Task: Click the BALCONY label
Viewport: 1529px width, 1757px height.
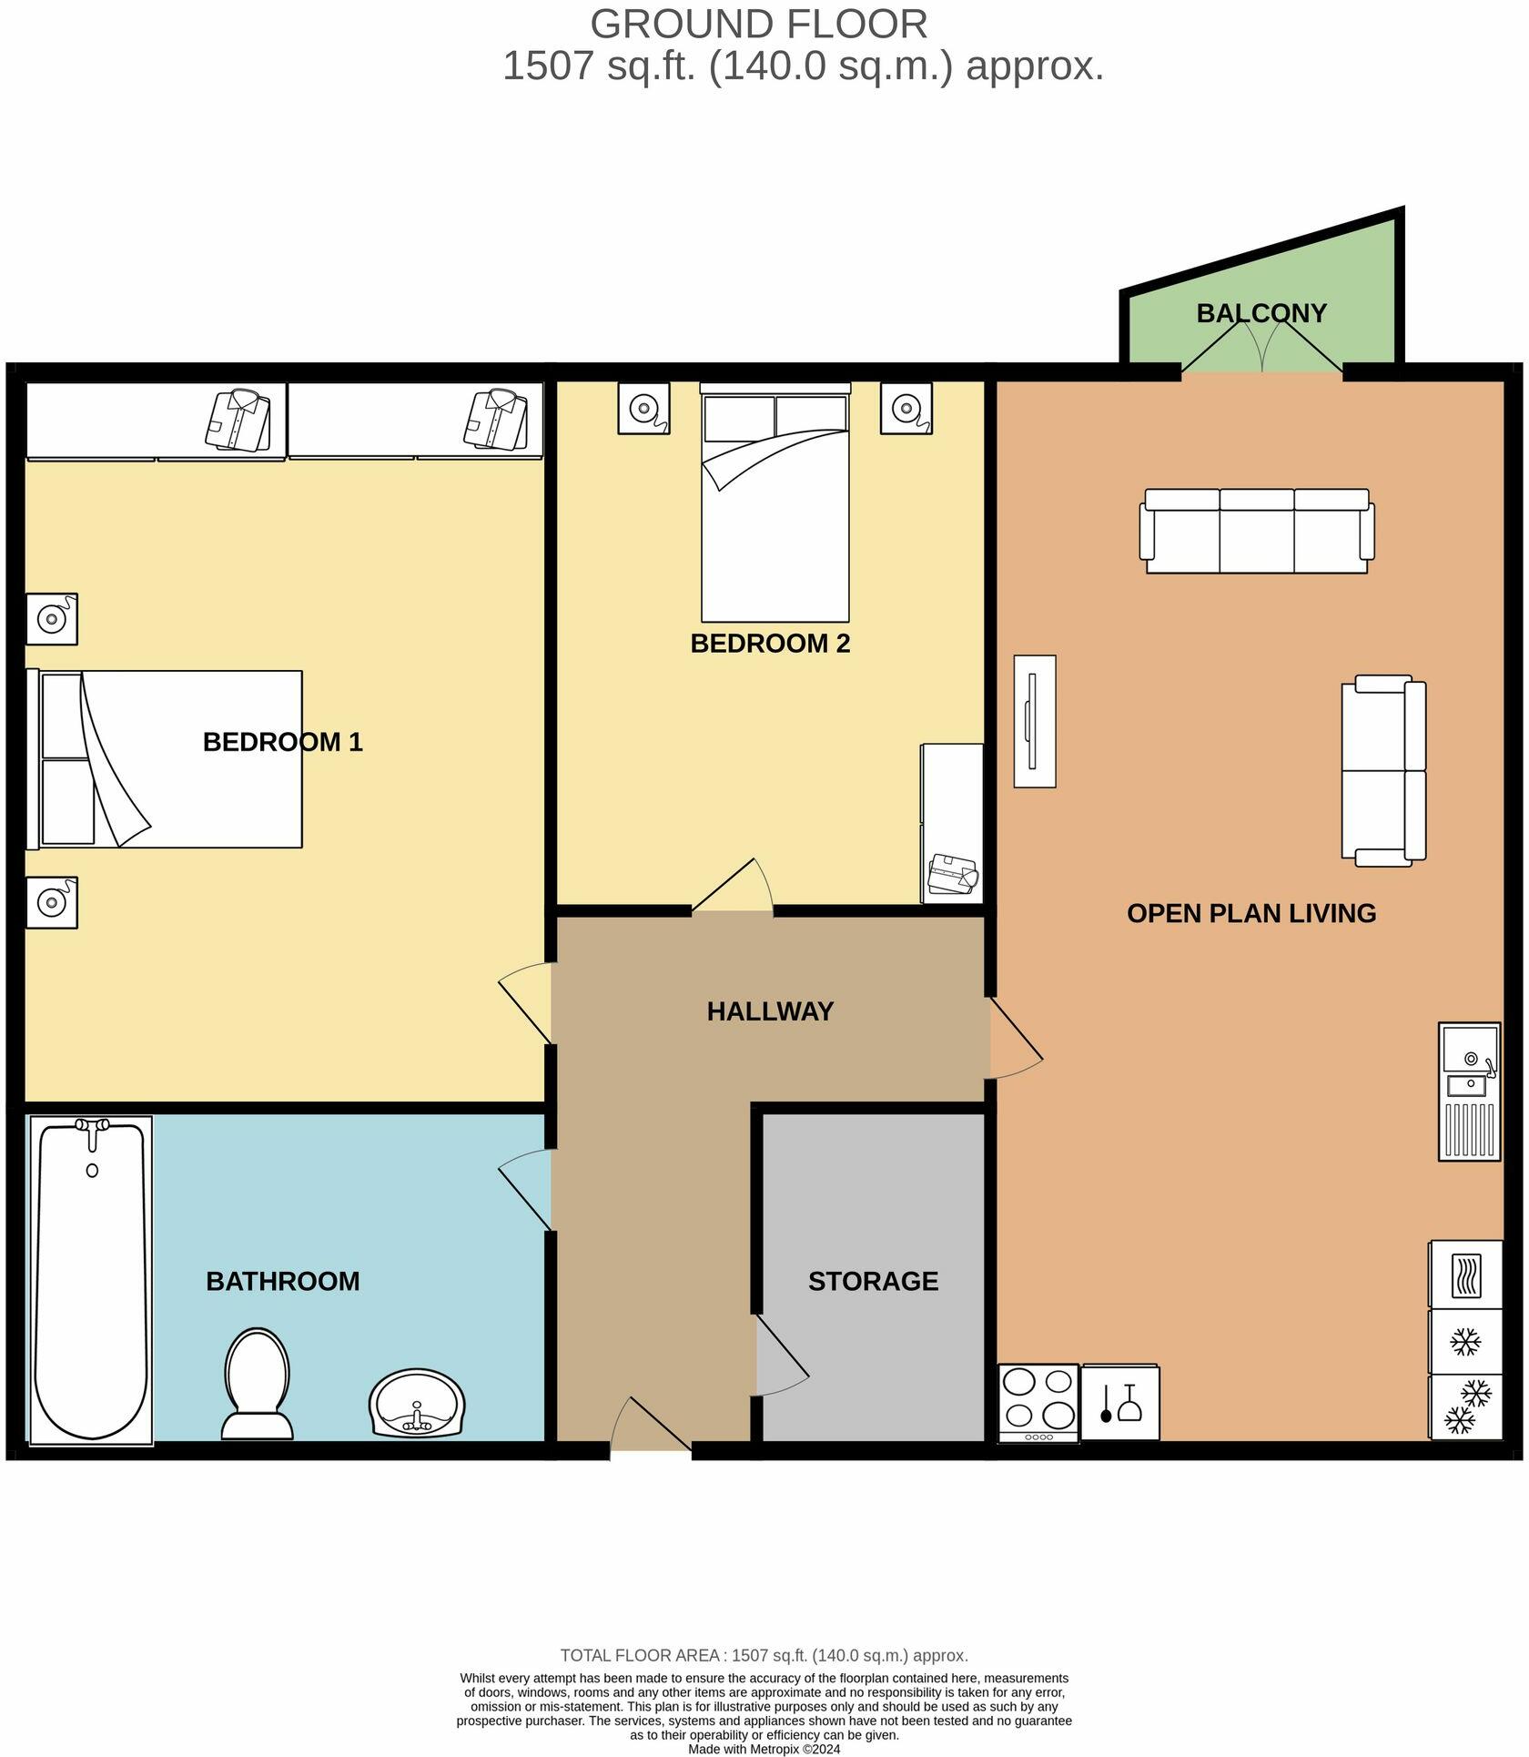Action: tap(1261, 313)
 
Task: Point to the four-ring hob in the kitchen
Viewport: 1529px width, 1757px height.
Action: tap(1038, 1402)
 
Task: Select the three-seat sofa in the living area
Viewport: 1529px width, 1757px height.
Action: tap(1257, 532)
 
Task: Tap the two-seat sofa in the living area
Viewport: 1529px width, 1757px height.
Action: tap(1383, 770)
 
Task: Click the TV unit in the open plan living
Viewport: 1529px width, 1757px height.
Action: tap(1035, 721)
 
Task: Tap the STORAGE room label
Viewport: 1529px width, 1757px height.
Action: tap(873, 1281)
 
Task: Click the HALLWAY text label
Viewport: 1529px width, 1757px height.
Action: tap(770, 1011)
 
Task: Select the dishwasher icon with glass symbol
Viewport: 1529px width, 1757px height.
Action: tap(1120, 1403)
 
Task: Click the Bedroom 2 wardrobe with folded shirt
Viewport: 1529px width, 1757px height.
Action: tap(952, 823)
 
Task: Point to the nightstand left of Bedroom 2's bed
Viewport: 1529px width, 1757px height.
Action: tap(643, 408)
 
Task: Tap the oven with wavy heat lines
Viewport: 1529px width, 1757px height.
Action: tap(1465, 1275)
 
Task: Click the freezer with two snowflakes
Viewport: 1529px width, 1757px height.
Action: tap(1465, 1407)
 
